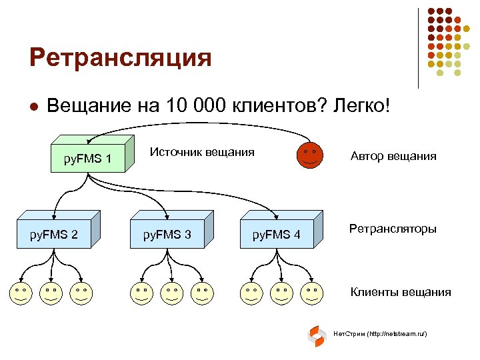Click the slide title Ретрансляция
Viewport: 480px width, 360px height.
(x=120, y=58)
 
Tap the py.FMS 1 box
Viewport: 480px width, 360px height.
(x=87, y=159)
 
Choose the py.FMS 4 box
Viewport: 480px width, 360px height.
(x=276, y=234)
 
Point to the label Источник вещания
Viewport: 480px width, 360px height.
(x=202, y=152)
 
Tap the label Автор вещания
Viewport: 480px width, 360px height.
(x=393, y=157)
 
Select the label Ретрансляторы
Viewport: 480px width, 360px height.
(x=393, y=229)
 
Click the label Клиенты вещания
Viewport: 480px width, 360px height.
(x=401, y=292)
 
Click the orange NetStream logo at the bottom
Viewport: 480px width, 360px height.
(x=316, y=336)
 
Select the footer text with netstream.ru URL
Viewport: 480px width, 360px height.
(x=379, y=333)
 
